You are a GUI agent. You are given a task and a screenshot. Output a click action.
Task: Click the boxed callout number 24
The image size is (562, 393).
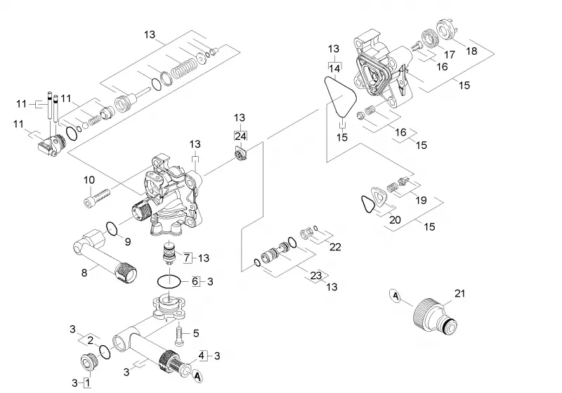point(240,136)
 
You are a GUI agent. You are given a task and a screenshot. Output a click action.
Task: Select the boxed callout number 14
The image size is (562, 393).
point(335,67)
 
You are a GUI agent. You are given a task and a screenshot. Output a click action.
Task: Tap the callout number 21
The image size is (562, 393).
point(459,293)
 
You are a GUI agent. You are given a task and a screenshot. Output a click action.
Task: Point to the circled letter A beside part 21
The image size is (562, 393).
point(396,296)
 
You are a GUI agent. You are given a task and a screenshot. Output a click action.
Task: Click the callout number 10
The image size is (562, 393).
point(89,180)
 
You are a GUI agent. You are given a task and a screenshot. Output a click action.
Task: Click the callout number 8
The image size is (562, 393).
point(84,273)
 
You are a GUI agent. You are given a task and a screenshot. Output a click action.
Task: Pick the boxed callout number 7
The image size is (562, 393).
point(187,257)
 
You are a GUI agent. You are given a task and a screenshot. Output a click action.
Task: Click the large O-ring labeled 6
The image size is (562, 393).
point(170,281)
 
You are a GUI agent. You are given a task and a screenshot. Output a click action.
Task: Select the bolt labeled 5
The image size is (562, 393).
point(181,333)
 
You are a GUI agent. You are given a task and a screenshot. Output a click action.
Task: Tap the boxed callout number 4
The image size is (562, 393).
point(202,355)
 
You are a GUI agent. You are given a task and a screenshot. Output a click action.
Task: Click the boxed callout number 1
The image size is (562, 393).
point(87,382)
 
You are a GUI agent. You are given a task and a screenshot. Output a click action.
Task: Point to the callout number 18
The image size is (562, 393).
point(471,51)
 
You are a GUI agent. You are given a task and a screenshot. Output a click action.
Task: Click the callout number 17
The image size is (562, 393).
point(449,55)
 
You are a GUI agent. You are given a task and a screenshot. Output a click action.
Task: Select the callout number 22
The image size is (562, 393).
point(335,247)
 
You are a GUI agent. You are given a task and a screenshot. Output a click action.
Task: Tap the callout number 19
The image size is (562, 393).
point(421,200)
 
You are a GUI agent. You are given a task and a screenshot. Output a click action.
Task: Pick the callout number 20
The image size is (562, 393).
point(395,219)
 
